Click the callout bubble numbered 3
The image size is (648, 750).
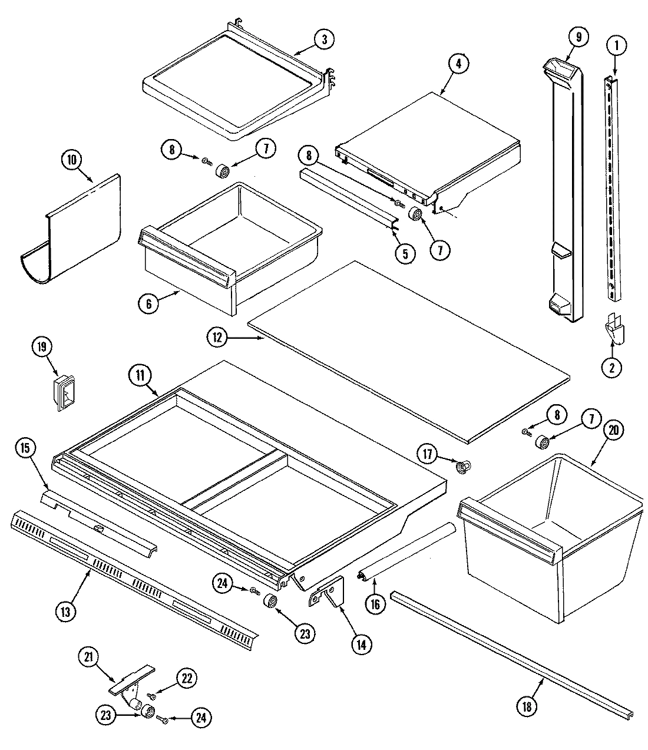[323, 39]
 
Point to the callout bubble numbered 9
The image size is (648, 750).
[578, 37]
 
